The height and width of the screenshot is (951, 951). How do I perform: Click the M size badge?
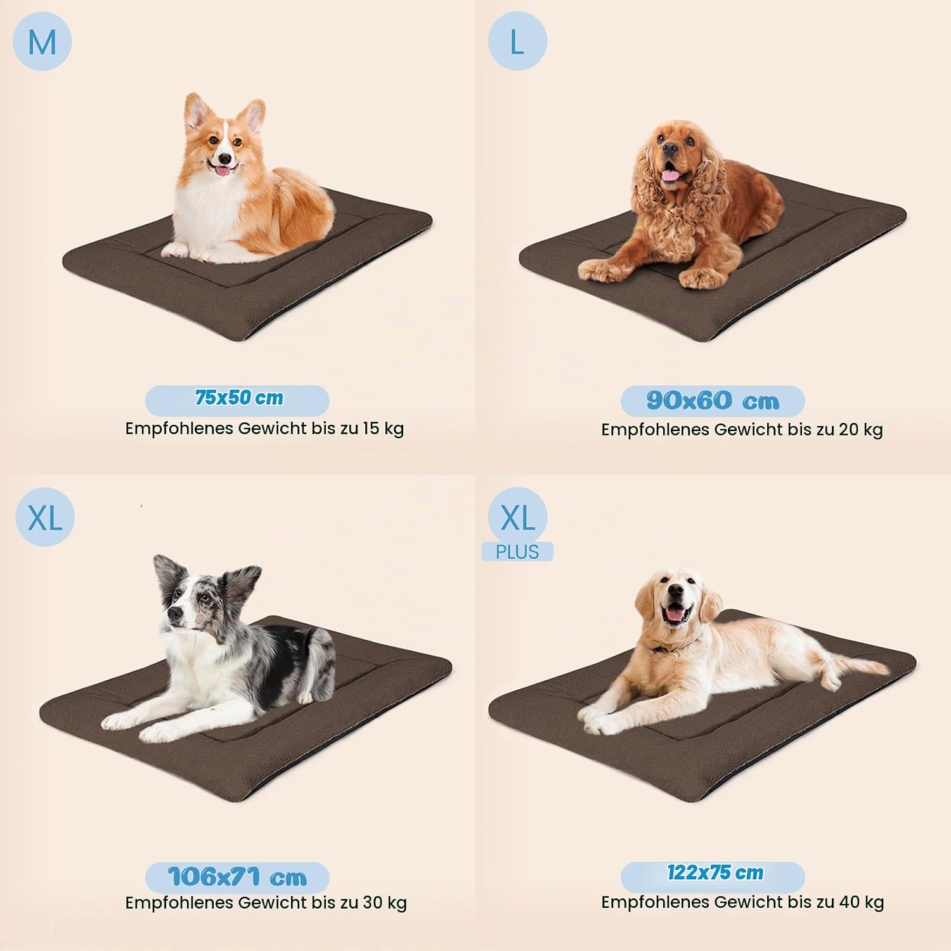tap(42, 41)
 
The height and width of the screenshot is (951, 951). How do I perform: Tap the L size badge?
tap(517, 41)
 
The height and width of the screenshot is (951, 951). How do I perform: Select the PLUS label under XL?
tap(517, 552)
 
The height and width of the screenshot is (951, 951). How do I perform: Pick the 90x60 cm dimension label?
tap(713, 401)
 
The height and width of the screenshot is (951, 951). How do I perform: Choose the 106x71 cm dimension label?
tap(238, 877)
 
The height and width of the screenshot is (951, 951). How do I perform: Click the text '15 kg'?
tap(384, 429)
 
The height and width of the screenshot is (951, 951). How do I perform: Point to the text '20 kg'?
tap(861, 430)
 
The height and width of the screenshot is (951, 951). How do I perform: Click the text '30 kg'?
tap(385, 903)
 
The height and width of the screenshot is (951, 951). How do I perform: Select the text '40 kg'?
tap(862, 902)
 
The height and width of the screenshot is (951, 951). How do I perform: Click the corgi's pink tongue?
tap(223, 171)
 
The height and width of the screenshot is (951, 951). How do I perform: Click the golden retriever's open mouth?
tap(678, 614)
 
